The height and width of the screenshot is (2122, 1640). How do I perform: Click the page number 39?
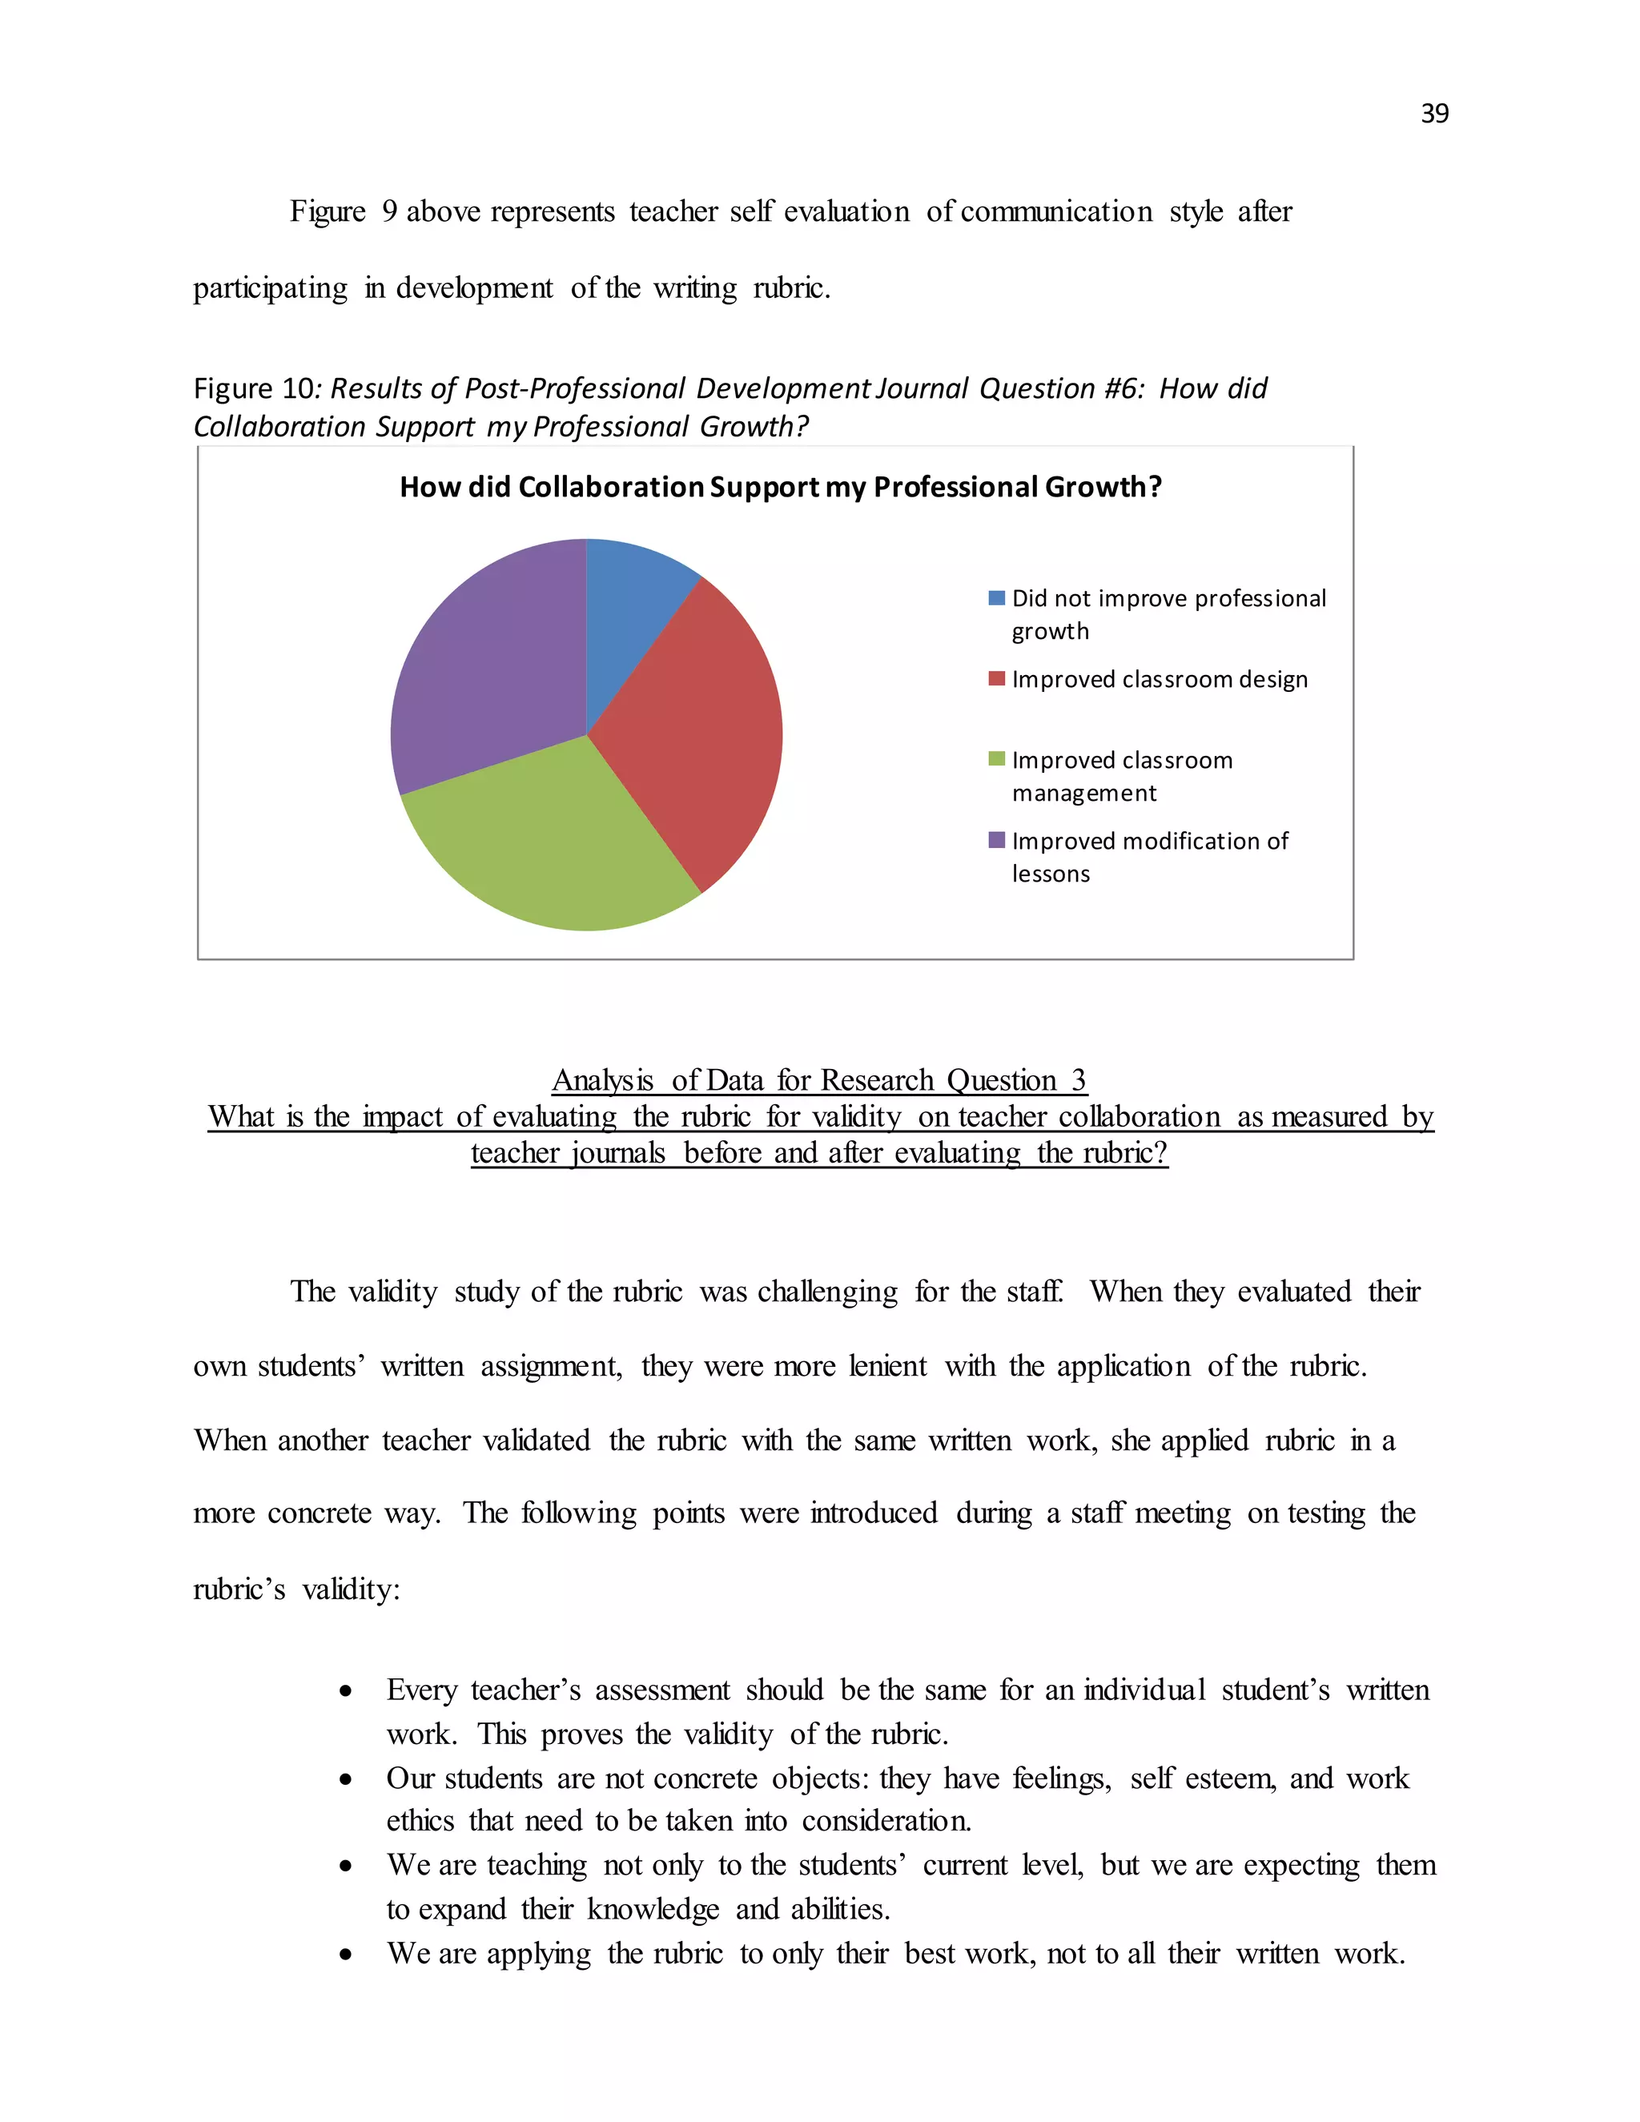[1434, 114]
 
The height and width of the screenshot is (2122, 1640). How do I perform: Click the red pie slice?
[705, 738]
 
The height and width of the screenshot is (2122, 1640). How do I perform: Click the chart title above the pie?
[780, 487]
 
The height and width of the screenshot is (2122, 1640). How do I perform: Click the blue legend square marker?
[996, 598]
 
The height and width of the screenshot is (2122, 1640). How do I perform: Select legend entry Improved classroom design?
[1159, 679]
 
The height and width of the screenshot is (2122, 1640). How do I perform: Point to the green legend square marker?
[996, 760]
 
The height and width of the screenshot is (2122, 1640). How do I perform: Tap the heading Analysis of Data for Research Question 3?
[818, 1080]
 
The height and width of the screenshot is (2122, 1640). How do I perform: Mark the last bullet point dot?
[346, 1957]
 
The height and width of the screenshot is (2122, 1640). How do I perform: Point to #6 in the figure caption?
[1124, 388]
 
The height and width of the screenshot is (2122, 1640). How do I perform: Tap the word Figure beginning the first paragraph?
[328, 212]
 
